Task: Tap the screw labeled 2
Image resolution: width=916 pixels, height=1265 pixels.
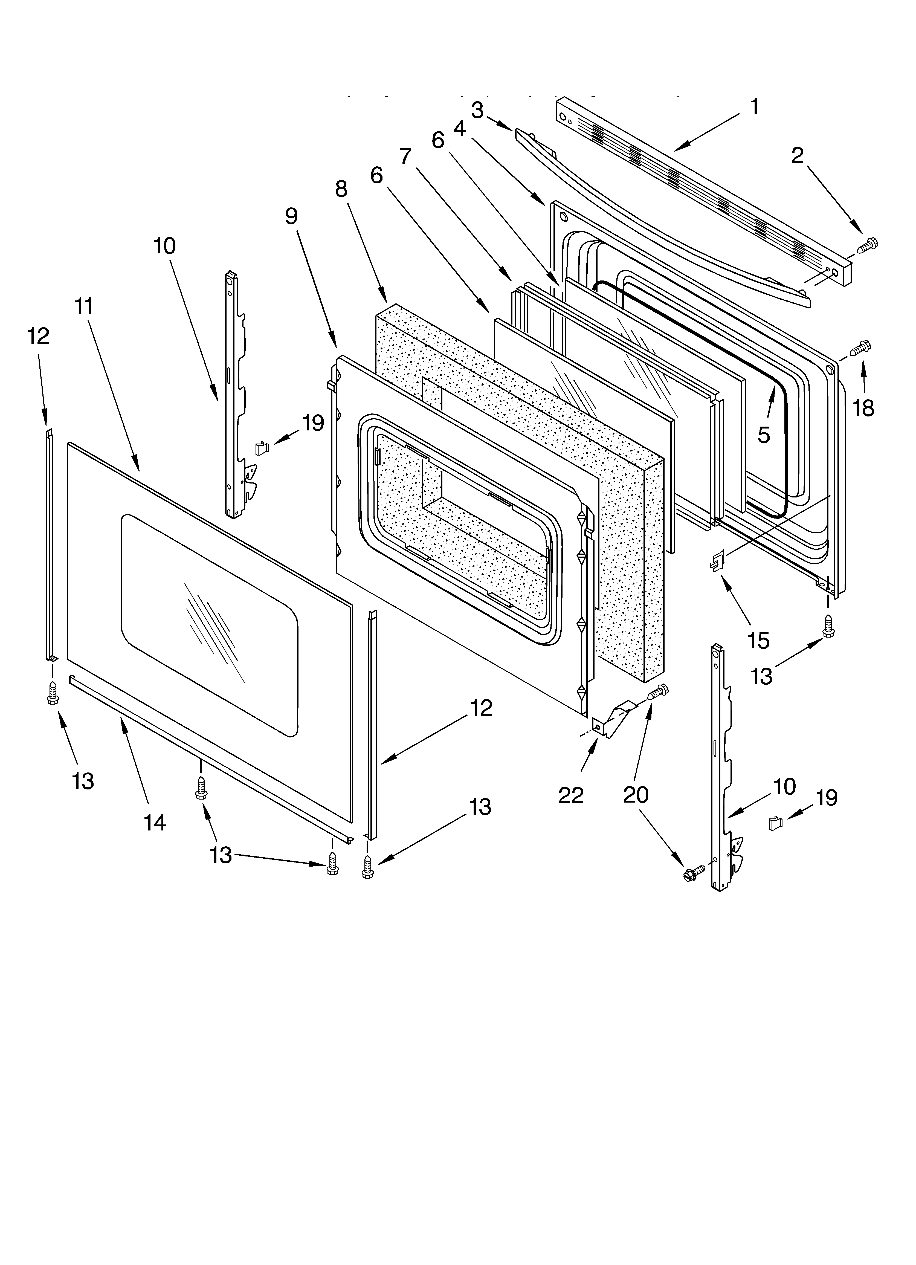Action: coord(866,245)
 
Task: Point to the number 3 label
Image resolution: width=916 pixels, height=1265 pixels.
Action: coord(477,111)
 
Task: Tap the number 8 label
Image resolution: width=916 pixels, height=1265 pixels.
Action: coord(341,190)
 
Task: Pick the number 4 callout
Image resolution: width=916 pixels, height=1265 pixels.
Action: coord(459,128)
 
